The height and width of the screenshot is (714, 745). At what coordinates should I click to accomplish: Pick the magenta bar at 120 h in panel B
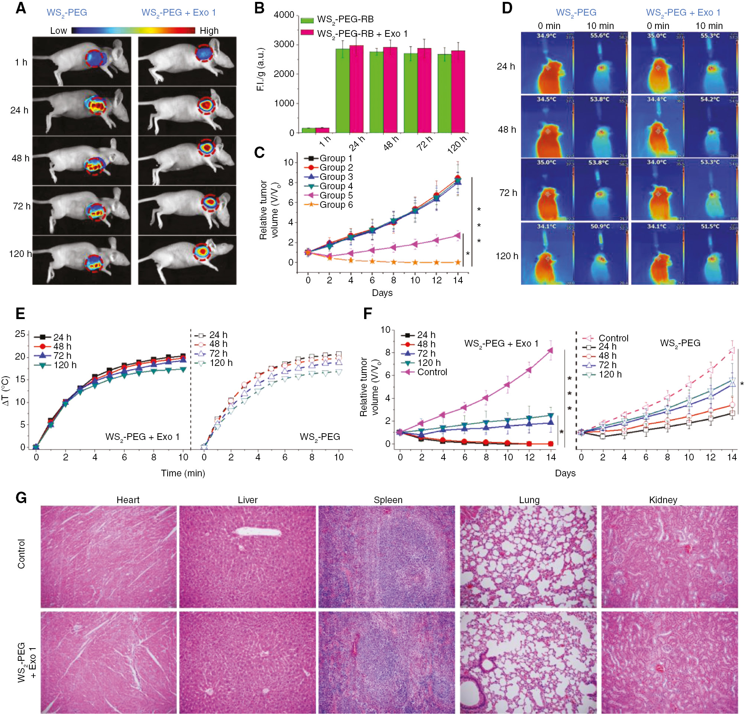458,91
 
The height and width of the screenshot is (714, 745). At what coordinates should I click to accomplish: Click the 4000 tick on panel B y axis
284,15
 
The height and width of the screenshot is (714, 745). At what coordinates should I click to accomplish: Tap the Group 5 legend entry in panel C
336,195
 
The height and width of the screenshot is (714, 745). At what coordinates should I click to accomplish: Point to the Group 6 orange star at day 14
458,262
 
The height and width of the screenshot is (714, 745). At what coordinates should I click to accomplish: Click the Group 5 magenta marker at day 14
458,235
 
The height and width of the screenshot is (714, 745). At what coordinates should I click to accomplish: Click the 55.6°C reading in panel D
600,36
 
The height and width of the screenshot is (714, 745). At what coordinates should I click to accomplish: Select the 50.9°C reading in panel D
600,226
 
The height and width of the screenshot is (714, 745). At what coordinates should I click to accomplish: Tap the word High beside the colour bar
209,31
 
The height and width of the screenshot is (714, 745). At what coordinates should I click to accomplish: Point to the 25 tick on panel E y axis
20,334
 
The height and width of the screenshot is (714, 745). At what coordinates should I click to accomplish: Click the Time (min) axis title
183,473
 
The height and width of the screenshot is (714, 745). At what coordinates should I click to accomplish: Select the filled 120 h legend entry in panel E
65,365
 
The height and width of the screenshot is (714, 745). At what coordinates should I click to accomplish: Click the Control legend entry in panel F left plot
432,372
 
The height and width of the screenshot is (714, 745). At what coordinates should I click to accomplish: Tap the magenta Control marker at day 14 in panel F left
550,350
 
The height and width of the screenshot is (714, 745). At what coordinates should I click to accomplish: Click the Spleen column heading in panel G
388,500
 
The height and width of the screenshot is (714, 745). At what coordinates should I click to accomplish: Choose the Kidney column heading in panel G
663,500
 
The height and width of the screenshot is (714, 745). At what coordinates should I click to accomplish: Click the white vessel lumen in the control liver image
259,532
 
